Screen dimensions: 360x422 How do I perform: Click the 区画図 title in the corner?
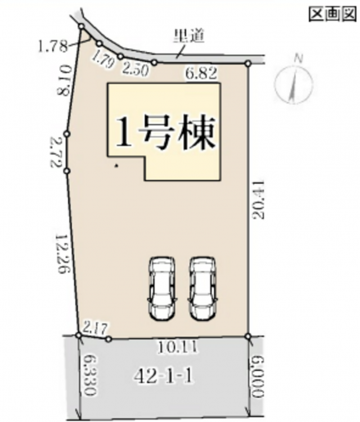(332, 14)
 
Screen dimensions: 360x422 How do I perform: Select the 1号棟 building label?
(166, 133)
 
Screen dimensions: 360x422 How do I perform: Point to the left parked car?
(162, 289)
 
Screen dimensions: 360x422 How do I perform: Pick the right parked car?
(202, 289)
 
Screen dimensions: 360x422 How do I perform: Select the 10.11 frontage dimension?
(177, 348)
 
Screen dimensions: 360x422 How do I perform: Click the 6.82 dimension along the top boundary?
(201, 74)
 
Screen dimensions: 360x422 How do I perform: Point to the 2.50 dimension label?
(136, 70)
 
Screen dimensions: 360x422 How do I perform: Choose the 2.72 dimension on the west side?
(57, 152)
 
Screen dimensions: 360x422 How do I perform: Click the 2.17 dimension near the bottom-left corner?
(95, 328)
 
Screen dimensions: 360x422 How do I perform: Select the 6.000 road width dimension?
(257, 376)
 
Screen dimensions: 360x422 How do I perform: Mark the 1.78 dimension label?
(52, 46)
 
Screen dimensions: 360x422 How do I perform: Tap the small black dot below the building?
(116, 165)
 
